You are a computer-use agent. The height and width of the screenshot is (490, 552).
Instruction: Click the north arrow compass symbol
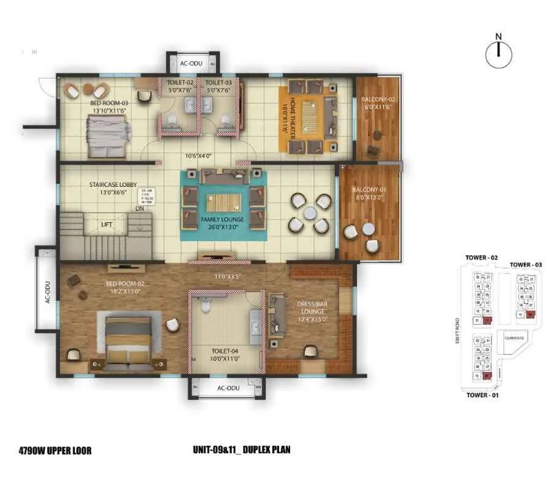tap(499, 54)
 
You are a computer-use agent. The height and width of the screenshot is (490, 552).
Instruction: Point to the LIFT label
tap(107, 224)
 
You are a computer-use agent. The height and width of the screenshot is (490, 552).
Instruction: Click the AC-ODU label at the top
tap(191, 64)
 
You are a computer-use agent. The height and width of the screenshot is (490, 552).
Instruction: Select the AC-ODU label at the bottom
tap(228, 388)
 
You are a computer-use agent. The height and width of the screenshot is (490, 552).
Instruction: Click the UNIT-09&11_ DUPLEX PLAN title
tap(241, 450)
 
